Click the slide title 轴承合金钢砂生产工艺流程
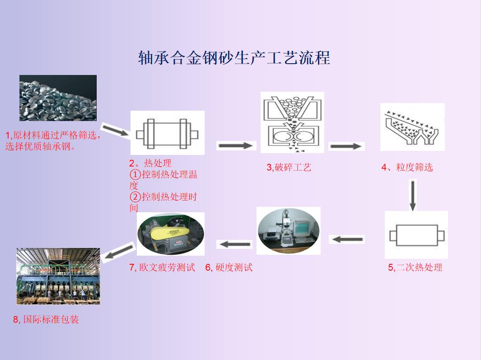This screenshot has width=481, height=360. [234, 58]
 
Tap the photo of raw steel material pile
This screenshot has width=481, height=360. [58, 98]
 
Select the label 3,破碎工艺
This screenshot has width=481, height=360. [289, 168]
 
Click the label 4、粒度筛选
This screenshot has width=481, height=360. [407, 168]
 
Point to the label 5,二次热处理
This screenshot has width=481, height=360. [415, 267]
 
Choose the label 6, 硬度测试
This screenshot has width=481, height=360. [229, 267]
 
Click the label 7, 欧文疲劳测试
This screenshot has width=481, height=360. [162, 267]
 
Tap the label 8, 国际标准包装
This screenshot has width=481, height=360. [46, 319]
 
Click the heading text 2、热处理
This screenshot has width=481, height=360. [150, 163]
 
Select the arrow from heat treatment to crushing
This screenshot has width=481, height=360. [235, 145]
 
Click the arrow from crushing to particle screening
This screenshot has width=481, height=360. [346, 146]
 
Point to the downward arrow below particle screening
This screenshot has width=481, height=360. [413, 195]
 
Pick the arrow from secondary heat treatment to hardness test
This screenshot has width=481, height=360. [346, 239]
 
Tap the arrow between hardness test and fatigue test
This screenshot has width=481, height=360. [234, 244]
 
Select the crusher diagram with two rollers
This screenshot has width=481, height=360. [292, 122]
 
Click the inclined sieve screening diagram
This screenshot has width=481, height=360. [412, 126]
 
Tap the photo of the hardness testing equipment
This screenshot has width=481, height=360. [289, 230]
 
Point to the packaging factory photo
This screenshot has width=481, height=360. [58, 276]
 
